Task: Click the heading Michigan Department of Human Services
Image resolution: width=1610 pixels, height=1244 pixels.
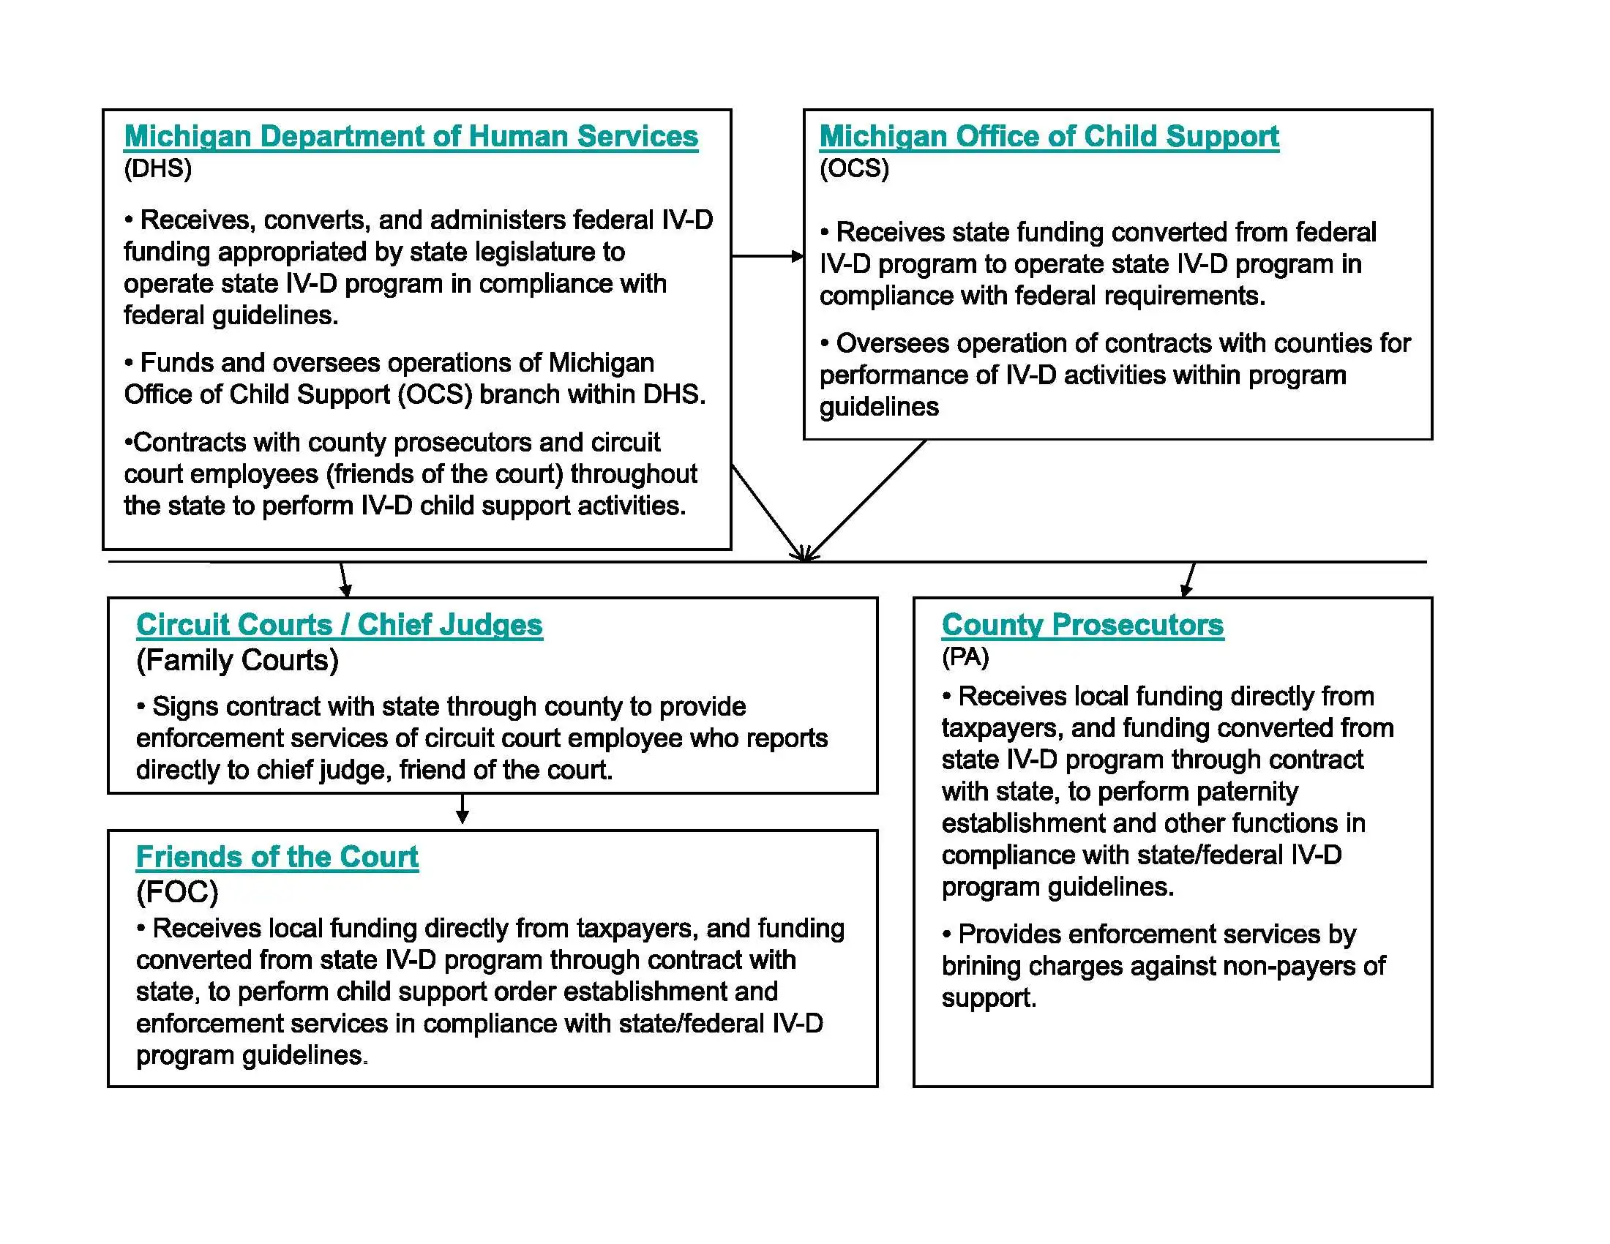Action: (x=411, y=137)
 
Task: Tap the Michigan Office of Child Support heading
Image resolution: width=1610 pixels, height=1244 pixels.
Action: (x=1048, y=137)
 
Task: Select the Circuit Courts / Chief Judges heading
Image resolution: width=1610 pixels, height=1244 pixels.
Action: (x=339, y=625)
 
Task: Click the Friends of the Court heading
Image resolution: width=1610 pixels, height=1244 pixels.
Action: (x=277, y=857)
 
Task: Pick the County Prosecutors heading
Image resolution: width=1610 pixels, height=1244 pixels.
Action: (x=1082, y=625)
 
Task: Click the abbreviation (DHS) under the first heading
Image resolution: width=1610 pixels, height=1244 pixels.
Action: (x=158, y=169)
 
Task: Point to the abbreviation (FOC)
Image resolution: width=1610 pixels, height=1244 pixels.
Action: (x=177, y=893)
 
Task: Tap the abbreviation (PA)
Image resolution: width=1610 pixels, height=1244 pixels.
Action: (x=965, y=656)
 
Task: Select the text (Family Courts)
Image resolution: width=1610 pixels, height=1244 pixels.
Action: (x=237, y=660)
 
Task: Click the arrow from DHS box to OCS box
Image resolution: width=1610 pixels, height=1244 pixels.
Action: (x=767, y=256)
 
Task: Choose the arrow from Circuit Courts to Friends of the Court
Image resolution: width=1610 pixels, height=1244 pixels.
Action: (x=463, y=809)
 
